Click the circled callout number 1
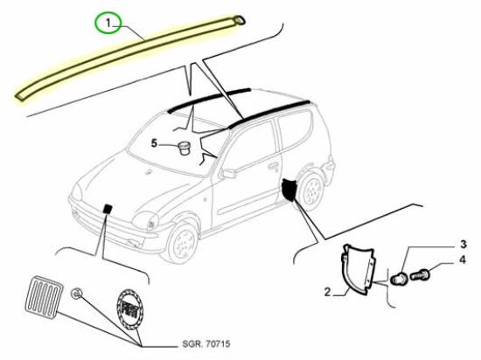[x=109, y=25]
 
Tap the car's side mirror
[x=229, y=173]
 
